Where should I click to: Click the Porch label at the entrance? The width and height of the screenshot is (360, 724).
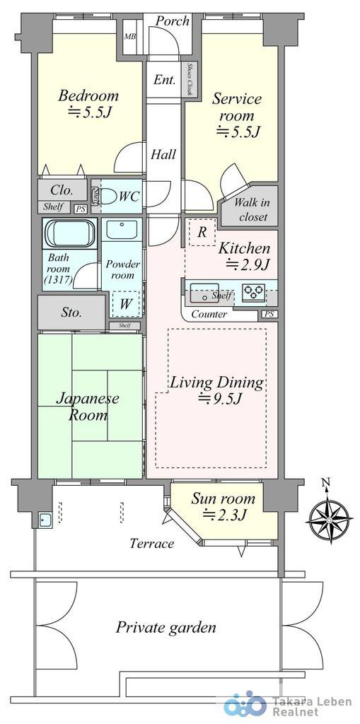pyautogui.click(x=172, y=21)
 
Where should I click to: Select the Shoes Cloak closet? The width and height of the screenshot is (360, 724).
pyautogui.click(x=190, y=79)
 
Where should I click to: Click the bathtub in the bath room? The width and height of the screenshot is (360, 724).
pyautogui.click(x=69, y=233)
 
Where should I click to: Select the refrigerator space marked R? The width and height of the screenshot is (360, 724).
pyautogui.click(x=202, y=232)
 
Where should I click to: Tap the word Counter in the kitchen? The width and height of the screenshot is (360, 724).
pyautogui.click(x=209, y=315)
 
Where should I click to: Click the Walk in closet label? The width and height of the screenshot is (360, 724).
pyautogui.click(x=251, y=209)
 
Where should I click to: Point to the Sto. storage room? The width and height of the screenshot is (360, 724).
pyautogui.click(x=71, y=313)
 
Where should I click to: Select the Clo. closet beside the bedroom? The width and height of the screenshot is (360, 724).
pyautogui.click(x=62, y=189)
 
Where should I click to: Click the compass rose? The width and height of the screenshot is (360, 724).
pyautogui.click(x=328, y=515)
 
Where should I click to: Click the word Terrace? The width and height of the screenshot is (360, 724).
pyautogui.click(x=152, y=543)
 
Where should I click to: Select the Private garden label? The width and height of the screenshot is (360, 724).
pyautogui.click(x=166, y=628)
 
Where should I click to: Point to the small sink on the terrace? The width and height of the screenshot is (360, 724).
pyautogui.click(x=45, y=520)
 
